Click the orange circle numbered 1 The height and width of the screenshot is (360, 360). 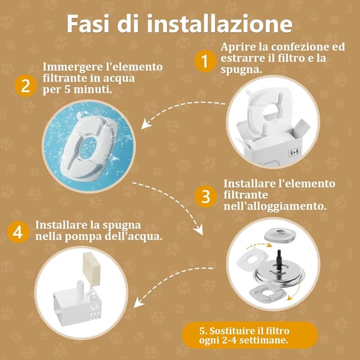coord(205,61)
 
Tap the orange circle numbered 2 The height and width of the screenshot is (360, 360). coord(25,86)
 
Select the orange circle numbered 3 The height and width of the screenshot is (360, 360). coord(206,196)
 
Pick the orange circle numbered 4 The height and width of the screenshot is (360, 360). coord(18,232)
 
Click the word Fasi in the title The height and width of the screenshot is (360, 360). coord(88,24)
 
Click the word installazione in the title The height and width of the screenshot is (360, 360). coord(219,24)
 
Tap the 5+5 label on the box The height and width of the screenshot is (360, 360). coord(294,152)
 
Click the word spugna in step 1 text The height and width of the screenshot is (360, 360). coord(241,70)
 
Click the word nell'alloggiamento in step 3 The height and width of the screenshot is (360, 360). coord(275,206)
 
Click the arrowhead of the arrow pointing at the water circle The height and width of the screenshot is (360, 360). coord(146,125)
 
